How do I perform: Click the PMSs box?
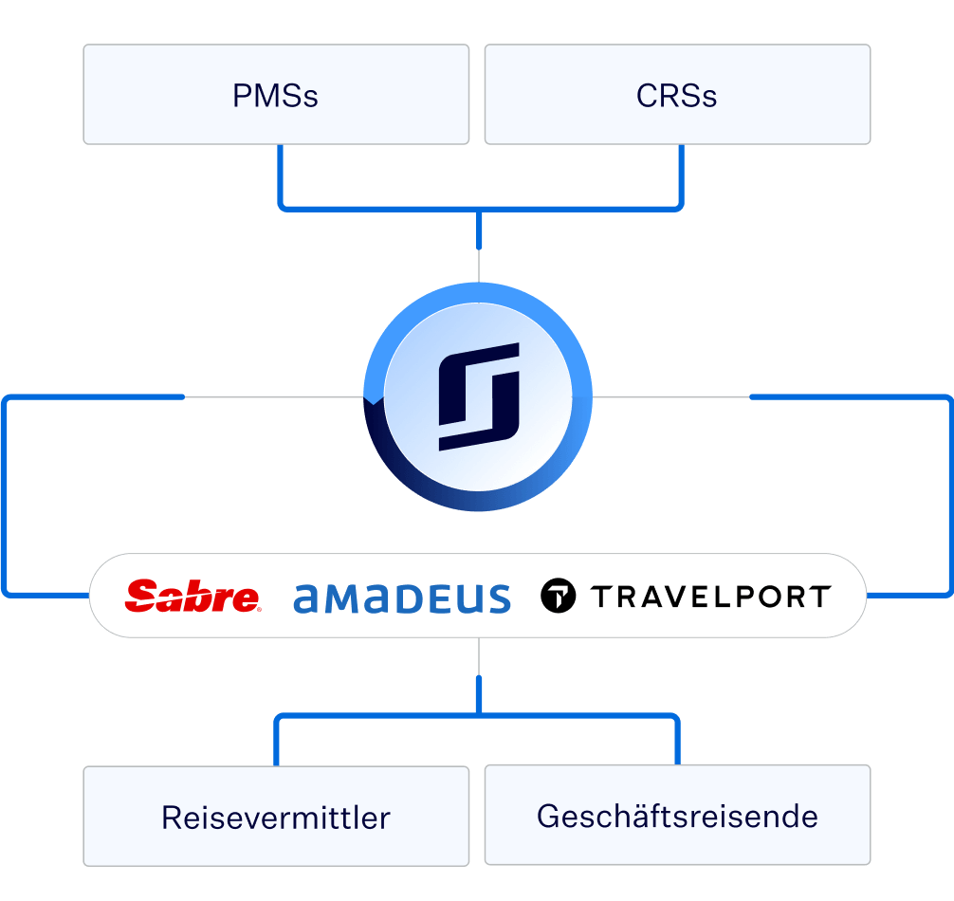coord(276,94)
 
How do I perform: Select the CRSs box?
coord(677,94)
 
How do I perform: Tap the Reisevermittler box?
coord(276,816)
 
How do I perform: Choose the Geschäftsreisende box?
coord(677,815)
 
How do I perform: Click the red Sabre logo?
coord(193,596)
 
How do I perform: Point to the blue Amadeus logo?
coord(401,598)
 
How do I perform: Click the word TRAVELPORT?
coord(710,597)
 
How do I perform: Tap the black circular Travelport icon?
coord(558,596)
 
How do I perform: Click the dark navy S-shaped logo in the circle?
coord(479,396)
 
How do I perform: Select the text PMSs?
coord(275,96)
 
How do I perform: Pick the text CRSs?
coord(676,96)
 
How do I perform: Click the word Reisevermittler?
coord(276,818)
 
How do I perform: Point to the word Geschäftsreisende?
coord(677,817)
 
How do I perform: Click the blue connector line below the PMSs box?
coord(281,176)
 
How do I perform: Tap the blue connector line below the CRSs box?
coord(682,176)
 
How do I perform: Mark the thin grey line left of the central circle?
coord(274,397)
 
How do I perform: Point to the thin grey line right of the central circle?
coord(671,397)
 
